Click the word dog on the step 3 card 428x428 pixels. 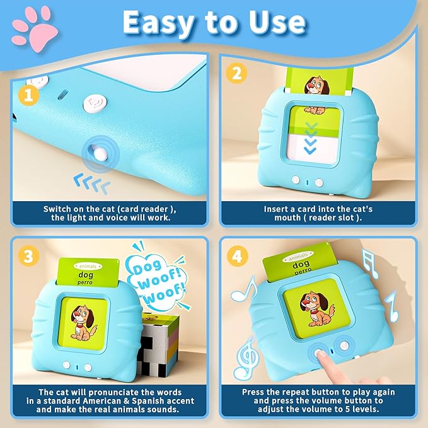(86, 275)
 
